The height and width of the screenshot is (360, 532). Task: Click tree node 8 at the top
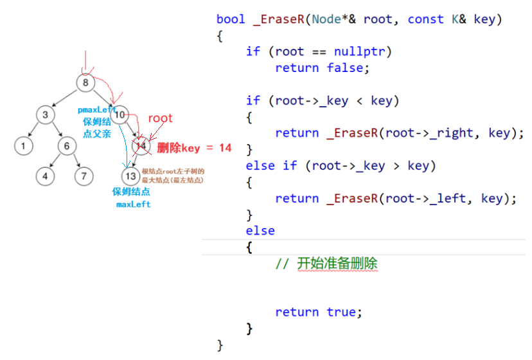(x=86, y=82)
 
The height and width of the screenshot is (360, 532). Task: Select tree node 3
(x=45, y=115)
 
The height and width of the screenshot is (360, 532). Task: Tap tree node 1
(x=23, y=146)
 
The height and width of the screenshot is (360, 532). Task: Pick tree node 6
(x=66, y=146)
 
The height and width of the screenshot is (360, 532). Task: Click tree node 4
(x=45, y=175)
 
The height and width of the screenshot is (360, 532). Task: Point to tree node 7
(x=83, y=175)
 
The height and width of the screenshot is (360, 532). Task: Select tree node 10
(x=121, y=115)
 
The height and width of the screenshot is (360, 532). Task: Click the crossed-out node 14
(x=141, y=146)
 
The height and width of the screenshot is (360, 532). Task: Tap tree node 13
(x=130, y=175)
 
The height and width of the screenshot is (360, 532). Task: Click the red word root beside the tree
(x=161, y=118)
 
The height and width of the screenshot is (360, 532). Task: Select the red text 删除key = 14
(x=194, y=148)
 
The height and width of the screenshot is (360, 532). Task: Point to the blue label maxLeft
(x=133, y=204)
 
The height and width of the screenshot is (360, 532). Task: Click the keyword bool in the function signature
(x=231, y=19)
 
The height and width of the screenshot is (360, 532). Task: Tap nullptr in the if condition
(x=359, y=51)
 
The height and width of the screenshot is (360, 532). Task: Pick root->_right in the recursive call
(x=429, y=133)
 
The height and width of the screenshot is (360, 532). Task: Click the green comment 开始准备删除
(x=337, y=263)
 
